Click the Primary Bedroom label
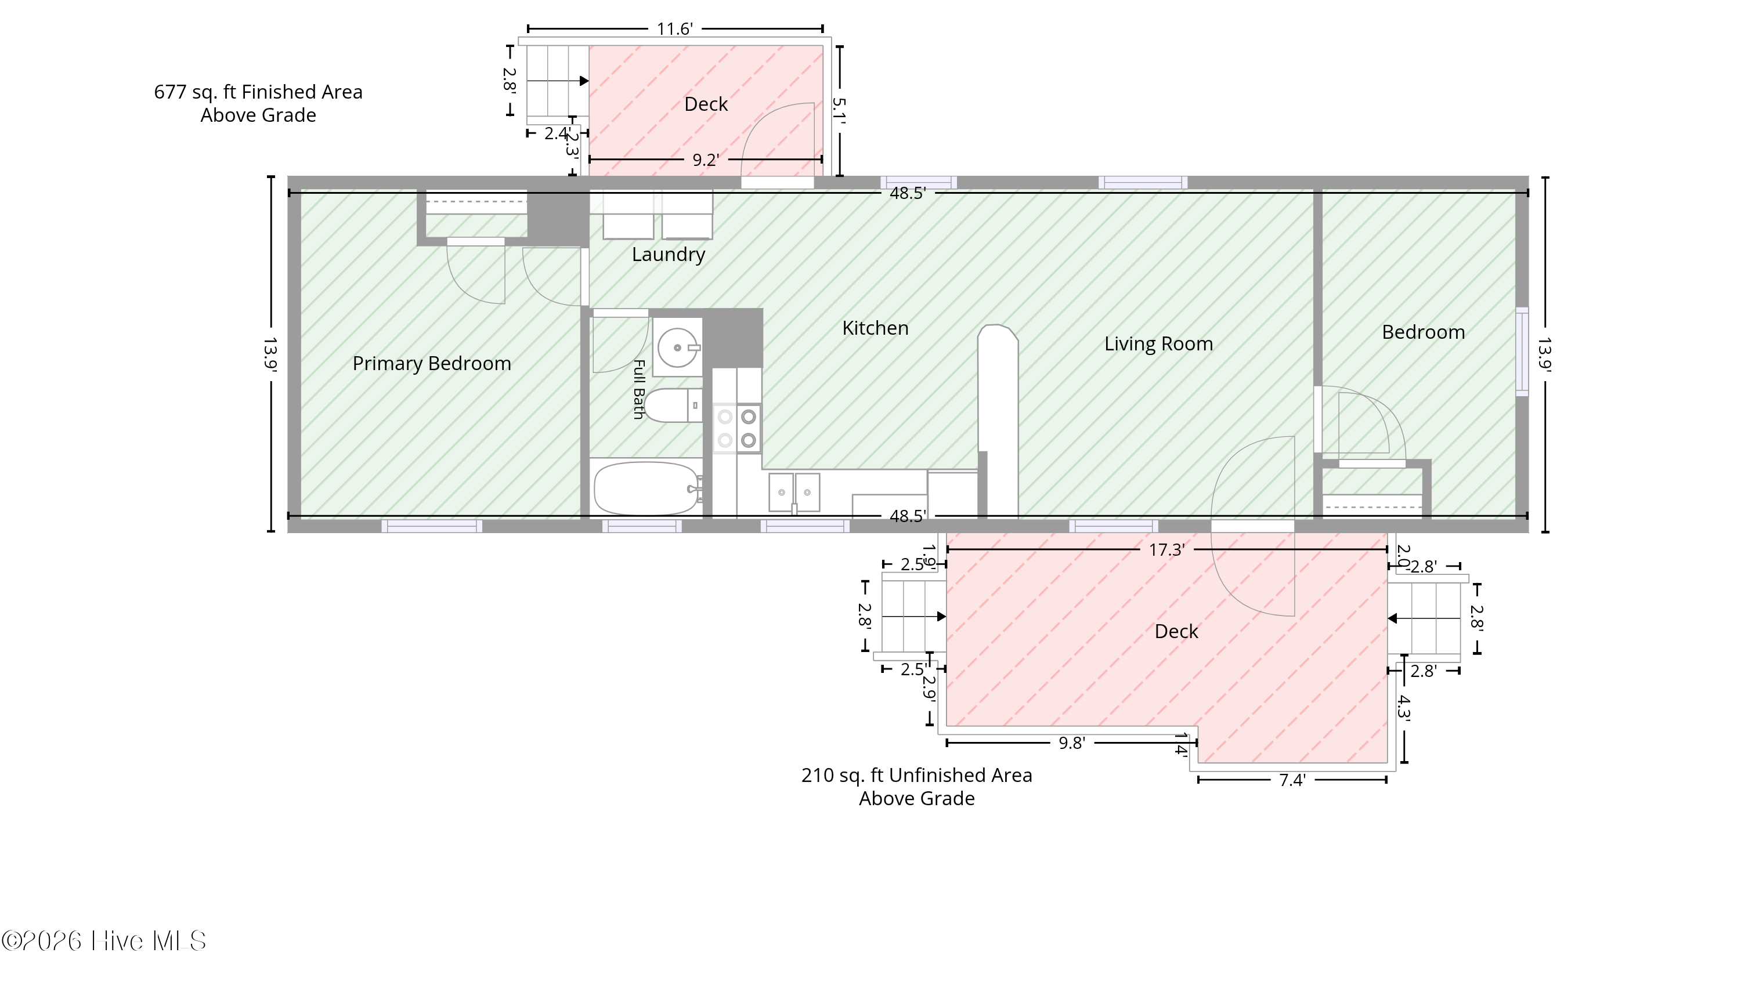point(432,364)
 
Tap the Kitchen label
point(875,328)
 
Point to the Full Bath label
point(638,390)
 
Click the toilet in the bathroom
point(673,405)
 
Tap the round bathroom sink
point(677,347)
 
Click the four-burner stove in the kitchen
point(737,428)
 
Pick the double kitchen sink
point(794,492)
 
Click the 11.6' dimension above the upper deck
point(674,29)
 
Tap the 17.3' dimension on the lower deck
point(1166,550)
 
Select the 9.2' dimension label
point(705,160)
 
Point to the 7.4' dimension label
point(1292,781)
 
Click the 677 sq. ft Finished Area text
point(258,92)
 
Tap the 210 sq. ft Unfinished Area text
point(917,775)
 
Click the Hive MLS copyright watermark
point(104,941)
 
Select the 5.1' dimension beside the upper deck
point(839,111)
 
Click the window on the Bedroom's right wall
point(1522,352)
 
